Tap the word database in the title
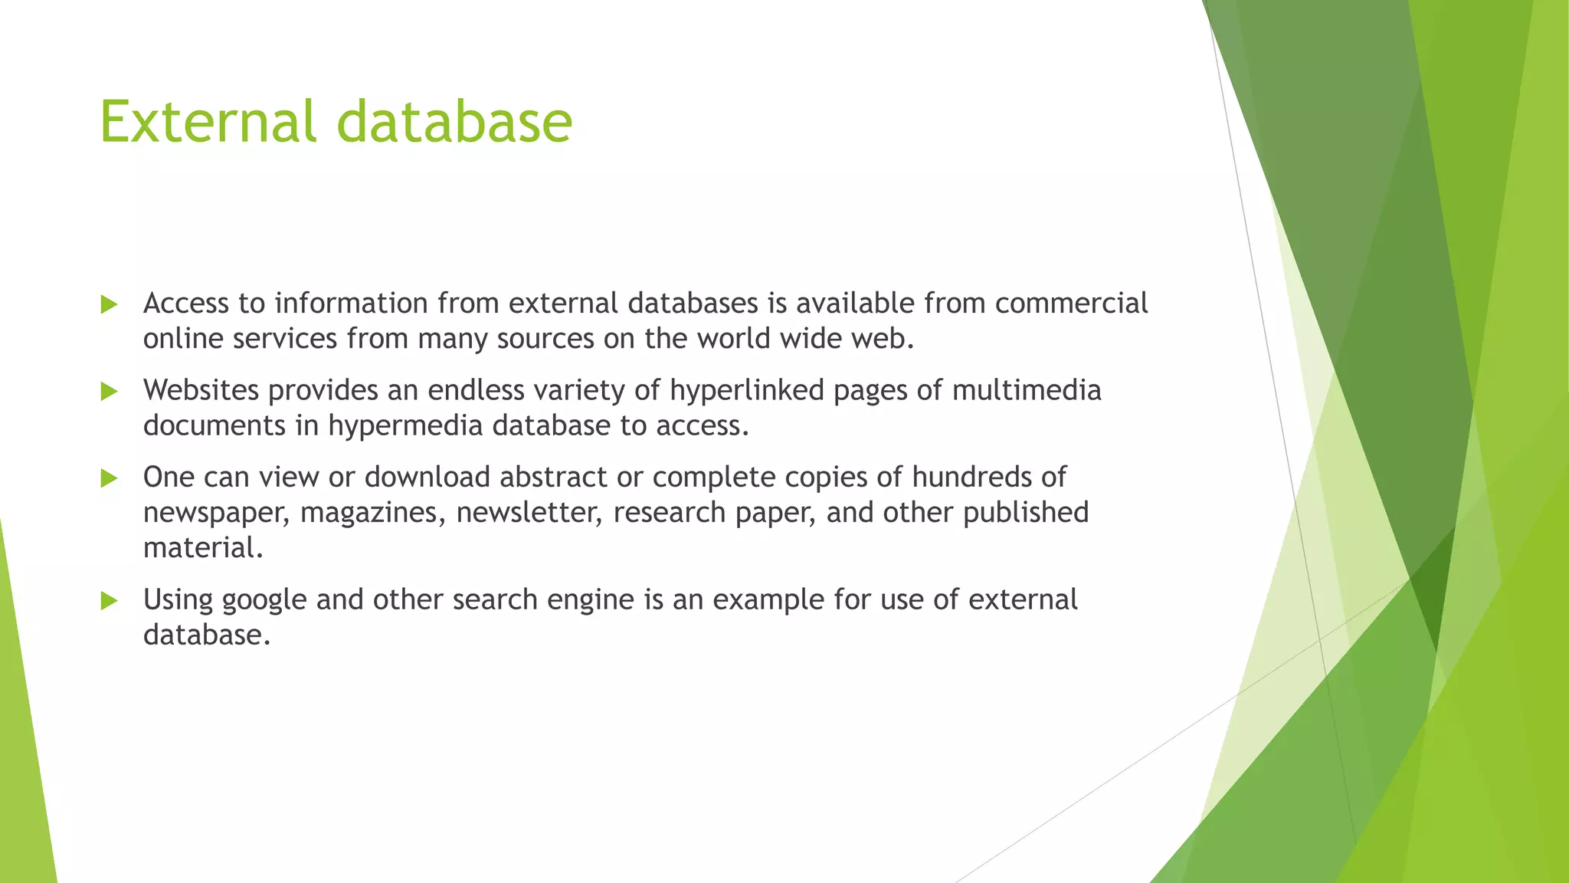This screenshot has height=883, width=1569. click(x=454, y=122)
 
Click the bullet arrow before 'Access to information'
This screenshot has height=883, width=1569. click(x=109, y=304)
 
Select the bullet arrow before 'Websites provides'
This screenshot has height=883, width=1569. click(x=109, y=392)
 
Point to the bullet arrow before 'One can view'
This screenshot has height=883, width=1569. click(x=109, y=478)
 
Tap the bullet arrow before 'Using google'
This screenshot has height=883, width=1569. click(x=109, y=601)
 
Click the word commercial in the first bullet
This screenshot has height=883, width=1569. click(x=1071, y=304)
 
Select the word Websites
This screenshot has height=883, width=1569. click(x=201, y=390)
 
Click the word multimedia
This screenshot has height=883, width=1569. click(x=1027, y=390)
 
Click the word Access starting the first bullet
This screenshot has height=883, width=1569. click(x=186, y=304)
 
